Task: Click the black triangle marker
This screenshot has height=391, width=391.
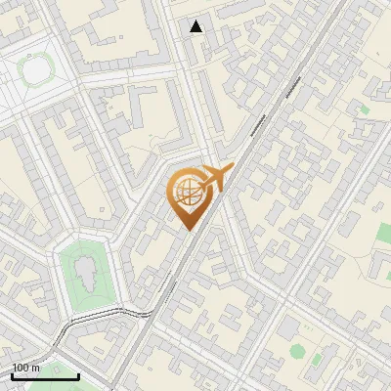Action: point(196,26)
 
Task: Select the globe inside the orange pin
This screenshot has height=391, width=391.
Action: point(186,195)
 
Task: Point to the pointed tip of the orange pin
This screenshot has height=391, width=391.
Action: point(186,229)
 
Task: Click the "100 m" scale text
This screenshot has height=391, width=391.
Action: point(26,369)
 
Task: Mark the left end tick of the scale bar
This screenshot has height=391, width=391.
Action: point(12,373)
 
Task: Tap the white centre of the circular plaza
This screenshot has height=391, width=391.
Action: point(36,71)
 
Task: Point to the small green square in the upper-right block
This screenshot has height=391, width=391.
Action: point(364,109)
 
